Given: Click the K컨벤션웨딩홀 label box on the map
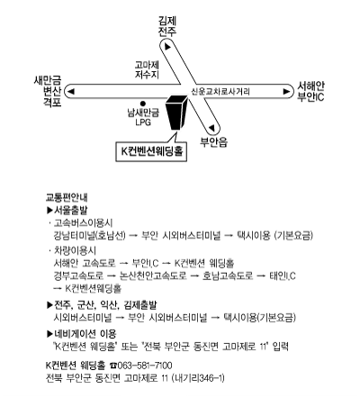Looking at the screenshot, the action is point(151,151).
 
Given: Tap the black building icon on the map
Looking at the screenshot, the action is point(176,113).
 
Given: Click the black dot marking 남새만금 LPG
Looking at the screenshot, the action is point(143,103).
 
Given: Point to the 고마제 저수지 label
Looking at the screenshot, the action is point(147,69).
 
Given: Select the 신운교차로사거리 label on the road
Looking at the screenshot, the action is point(220,91).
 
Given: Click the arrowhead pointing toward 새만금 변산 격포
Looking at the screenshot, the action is point(71,91).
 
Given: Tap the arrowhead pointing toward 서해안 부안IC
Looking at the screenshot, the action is point(286,91).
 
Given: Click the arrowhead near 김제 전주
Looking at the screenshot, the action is point(167,47).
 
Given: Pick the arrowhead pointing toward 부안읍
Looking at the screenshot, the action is point(211,128).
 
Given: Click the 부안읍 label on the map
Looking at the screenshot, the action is point(214,141).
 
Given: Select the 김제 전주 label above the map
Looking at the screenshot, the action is point(167,26).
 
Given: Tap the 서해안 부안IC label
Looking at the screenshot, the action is point(310,91).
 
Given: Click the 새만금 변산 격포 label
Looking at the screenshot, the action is point(48,91).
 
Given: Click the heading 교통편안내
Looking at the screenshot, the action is point(67,197).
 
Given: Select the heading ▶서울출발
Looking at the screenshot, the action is point(67,210).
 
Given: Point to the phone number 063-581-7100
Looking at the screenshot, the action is point(145,366).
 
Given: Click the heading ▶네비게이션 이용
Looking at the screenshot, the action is point(82,333).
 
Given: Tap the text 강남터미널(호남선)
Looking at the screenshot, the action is point(89,235).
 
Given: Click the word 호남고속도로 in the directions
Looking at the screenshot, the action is point(228,276).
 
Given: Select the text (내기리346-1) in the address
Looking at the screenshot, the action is point(198,377).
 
